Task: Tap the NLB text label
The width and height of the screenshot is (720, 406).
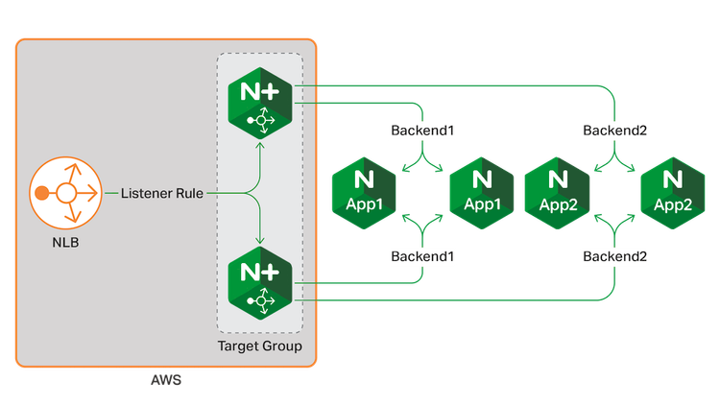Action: pos(66,242)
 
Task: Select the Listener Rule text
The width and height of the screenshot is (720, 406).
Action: pos(161,194)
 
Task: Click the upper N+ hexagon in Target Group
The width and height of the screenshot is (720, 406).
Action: pos(260,105)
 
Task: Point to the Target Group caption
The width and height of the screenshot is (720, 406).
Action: pos(260,346)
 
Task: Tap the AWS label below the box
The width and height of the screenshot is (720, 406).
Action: pos(166,382)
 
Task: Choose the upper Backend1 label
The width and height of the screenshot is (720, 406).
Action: pos(420,129)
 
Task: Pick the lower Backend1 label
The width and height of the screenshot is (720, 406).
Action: pos(420,256)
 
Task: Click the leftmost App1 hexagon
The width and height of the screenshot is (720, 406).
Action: pos(363,193)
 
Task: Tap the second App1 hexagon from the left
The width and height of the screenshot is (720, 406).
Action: pos(482,193)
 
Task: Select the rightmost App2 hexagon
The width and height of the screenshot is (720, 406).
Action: pos(673,193)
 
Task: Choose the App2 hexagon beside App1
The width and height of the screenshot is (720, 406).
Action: pos(557,193)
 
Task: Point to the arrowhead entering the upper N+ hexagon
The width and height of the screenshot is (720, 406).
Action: pos(260,146)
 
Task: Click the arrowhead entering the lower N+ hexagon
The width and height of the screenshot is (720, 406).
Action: pos(260,242)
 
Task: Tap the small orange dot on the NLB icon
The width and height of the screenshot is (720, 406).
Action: pos(40,194)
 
